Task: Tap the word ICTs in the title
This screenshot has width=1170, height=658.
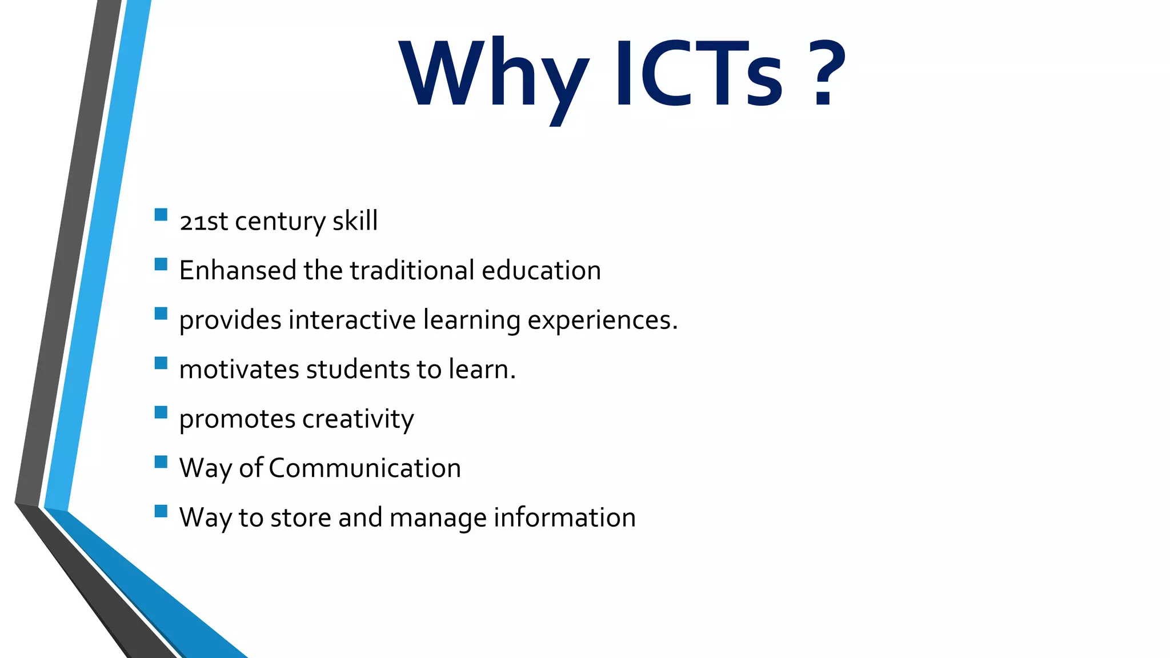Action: [698, 74]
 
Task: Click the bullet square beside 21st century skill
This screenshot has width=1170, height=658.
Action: [161, 215]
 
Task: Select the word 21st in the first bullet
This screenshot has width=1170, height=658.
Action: [203, 221]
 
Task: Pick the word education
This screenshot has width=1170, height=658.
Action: [541, 270]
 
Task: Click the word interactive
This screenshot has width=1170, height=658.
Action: [352, 320]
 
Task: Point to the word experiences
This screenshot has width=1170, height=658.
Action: [602, 320]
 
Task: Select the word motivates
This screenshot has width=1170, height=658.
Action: [239, 370]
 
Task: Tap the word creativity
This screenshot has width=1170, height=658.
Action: [358, 419]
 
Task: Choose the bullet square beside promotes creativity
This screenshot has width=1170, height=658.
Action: [161, 412]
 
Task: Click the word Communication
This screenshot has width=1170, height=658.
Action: [364, 468]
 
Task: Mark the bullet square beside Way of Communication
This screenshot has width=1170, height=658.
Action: [161, 462]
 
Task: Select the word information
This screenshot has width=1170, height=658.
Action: [564, 518]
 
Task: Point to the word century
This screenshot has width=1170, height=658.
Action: [280, 221]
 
